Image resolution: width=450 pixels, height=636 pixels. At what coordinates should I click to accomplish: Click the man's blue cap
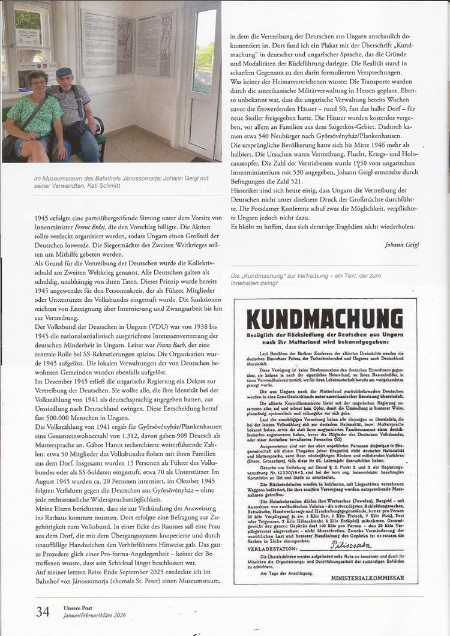(64, 72)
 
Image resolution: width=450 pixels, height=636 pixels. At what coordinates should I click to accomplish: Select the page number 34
(43, 612)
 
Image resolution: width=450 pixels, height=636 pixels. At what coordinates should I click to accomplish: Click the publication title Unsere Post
(77, 608)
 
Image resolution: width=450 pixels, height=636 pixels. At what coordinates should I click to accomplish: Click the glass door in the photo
(202, 84)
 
